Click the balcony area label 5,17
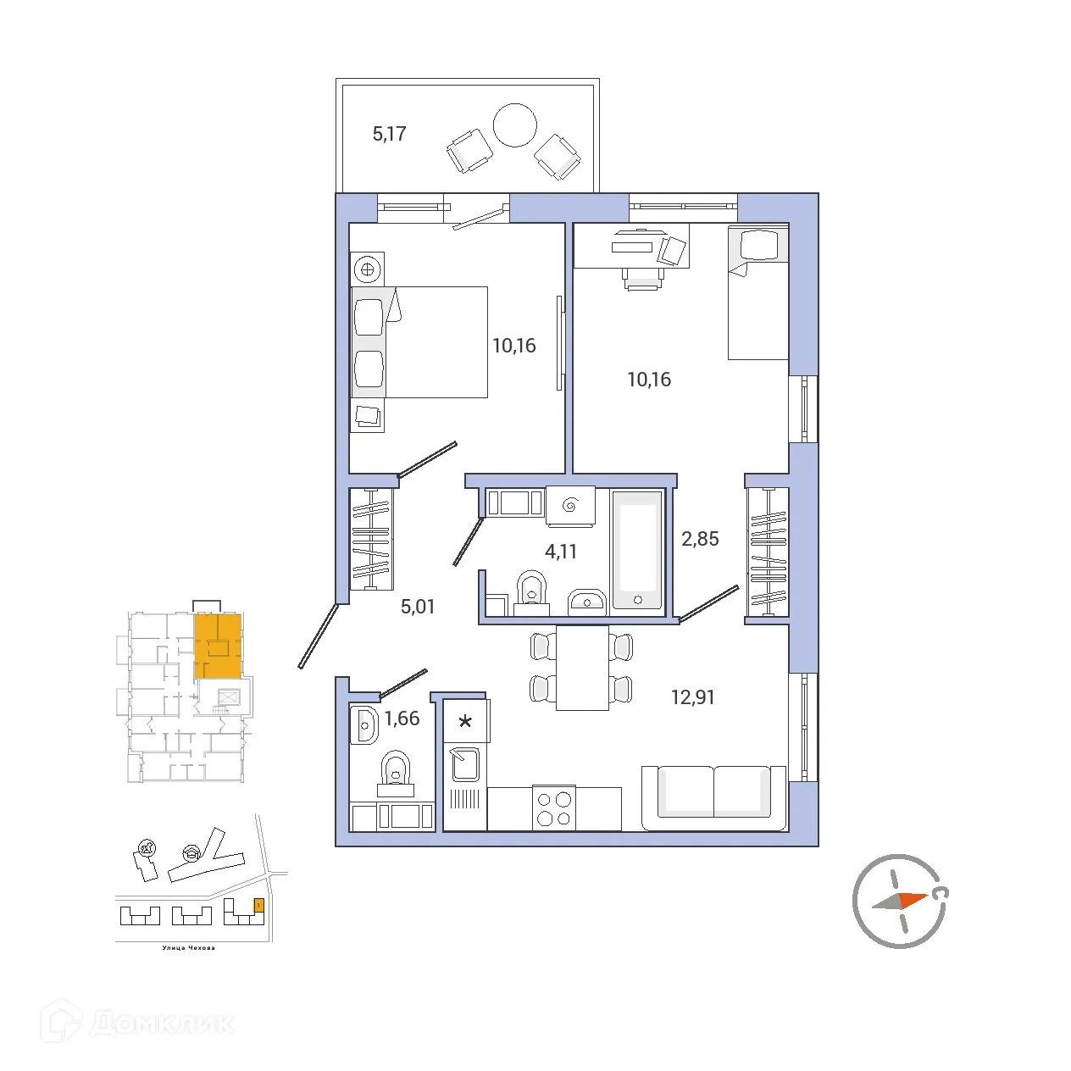click(x=389, y=134)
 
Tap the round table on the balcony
click(x=514, y=125)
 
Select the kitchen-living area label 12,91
click(x=692, y=697)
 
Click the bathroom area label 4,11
click(x=560, y=552)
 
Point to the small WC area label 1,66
click(x=402, y=719)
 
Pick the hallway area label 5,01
click(x=417, y=607)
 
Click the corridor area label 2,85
click(x=700, y=539)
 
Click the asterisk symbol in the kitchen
click(x=465, y=723)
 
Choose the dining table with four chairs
click(x=582, y=668)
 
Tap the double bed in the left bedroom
click(x=432, y=342)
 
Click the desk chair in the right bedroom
click(x=643, y=278)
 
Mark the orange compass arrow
click(x=913, y=899)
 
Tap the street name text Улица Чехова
click(x=188, y=948)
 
